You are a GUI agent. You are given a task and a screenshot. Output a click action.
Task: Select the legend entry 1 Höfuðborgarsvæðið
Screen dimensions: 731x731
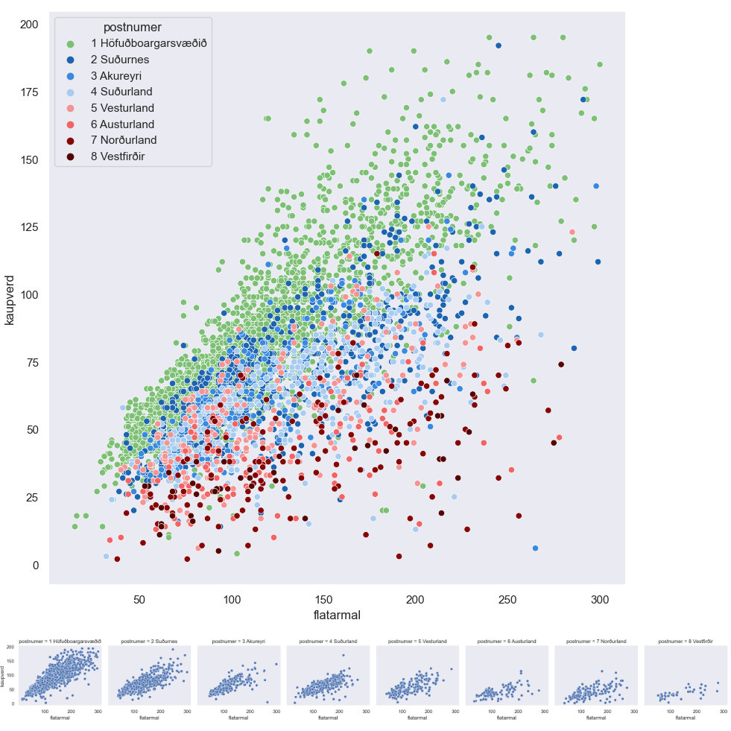(x=154, y=43)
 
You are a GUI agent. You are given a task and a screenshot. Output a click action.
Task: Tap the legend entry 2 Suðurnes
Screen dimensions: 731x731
(x=124, y=59)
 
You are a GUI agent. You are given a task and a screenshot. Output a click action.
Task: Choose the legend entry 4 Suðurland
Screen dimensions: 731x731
(x=127, y=92)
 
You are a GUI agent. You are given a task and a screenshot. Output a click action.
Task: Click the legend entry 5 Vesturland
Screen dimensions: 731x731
(x=127, y=108)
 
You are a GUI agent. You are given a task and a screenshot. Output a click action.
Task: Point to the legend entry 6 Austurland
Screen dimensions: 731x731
(x=127, y=124)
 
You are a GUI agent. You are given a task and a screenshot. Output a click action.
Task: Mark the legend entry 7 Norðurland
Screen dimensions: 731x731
(x=128, y=140)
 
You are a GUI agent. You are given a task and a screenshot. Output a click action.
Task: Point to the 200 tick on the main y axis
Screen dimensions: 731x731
(x=29, y=25)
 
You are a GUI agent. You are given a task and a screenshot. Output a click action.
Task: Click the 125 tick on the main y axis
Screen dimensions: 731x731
(x=29, y=227)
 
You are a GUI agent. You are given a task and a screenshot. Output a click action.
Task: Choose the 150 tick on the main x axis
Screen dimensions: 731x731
(x=323, y=598)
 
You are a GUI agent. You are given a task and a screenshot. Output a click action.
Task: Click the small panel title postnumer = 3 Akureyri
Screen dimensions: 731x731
(x=238, y=641)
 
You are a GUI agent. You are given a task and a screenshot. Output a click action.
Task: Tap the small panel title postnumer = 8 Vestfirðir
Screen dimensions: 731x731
(x=686, y=641)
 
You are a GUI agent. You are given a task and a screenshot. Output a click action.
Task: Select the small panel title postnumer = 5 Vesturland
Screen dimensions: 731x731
(x=417, y=641)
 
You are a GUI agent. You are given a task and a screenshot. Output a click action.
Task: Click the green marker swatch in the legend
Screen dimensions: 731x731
(x=70, y=43)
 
